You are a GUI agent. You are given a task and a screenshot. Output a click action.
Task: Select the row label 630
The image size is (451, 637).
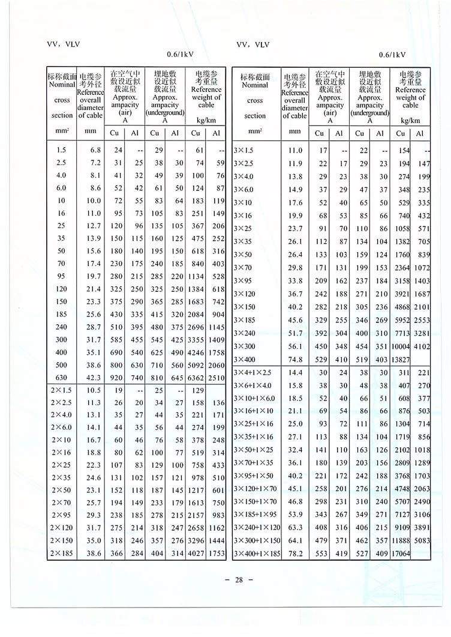(62, 378)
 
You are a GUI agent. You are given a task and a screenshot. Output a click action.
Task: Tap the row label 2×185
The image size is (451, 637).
(63, 552)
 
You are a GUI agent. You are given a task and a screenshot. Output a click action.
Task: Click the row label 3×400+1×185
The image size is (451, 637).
(257, 552)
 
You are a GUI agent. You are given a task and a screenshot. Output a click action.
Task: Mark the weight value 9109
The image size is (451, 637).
(402, 525)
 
